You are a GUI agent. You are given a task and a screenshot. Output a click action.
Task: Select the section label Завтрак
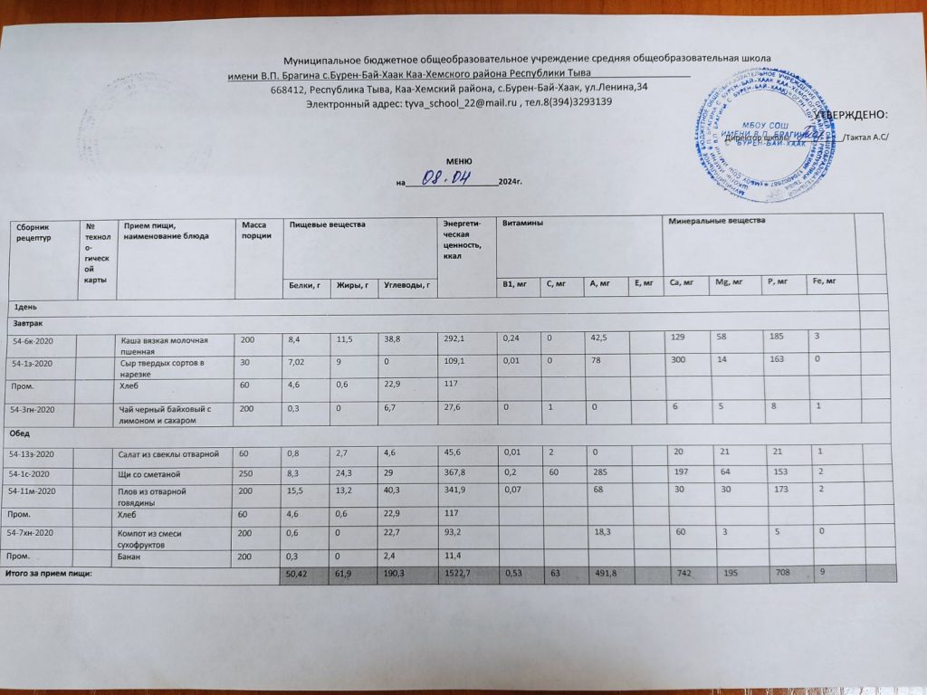27,322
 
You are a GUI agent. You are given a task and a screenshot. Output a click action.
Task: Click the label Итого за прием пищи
50,574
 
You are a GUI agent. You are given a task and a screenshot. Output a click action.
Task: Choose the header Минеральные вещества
716,222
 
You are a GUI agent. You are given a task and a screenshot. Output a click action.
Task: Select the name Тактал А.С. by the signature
866,137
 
